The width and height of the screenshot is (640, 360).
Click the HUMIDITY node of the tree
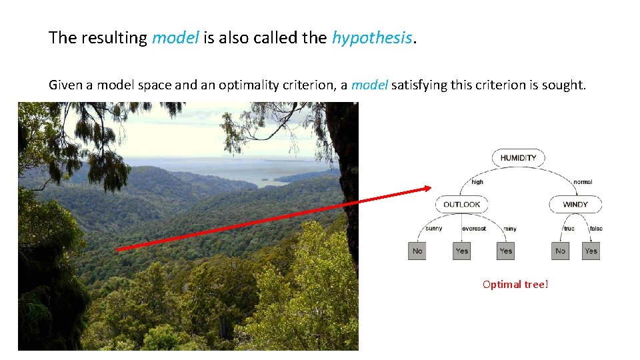pos(518,158)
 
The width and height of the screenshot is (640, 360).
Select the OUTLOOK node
pos(461,204)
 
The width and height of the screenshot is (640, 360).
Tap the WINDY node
pos(575,204)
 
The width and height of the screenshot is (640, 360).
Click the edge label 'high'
pos(477,182)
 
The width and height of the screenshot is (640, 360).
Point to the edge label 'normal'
pos(582,182)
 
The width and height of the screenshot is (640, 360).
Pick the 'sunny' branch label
pos(433,229)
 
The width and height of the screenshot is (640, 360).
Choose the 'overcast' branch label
pos(474,229)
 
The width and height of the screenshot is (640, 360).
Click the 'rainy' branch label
pos(510,229)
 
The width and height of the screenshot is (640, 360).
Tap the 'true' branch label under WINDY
pos(569,229)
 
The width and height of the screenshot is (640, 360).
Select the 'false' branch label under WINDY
pos(596,229)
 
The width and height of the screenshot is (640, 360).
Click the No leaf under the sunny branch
pos(417,251)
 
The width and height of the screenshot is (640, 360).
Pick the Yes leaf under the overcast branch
pos(461,251)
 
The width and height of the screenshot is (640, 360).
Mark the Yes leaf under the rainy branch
pos(506,251)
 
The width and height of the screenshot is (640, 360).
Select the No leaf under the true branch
pos(560,251)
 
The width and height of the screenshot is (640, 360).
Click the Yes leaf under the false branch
pos(591,251)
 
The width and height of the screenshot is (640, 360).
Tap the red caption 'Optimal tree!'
pos(515,285)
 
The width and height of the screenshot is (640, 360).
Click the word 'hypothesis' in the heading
pos(372,38)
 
